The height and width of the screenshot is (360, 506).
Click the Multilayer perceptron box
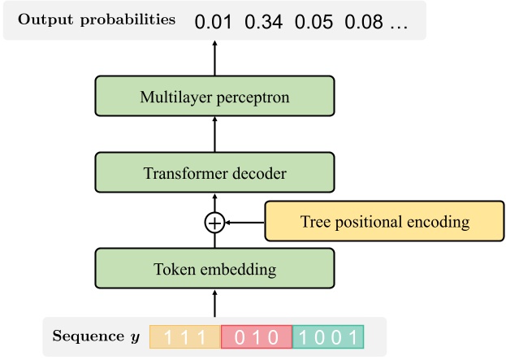[214, 96]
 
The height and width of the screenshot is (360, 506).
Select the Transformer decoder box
[214, 172]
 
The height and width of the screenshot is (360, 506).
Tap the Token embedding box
[214, 268]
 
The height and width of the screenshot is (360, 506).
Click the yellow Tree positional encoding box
[384, 221]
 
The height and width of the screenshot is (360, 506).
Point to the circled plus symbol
[214, 223]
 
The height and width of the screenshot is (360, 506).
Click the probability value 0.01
[214, 22]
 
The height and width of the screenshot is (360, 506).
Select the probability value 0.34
[264, 22]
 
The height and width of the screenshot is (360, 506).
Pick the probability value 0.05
[314, 22]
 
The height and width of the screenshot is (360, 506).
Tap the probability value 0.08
[364, 22]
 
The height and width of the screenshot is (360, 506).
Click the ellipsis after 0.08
[399, 28]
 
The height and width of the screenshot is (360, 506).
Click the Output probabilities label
[97, 20]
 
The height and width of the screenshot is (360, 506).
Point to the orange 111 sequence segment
[185, 336]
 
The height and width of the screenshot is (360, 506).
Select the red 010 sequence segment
[257, 336]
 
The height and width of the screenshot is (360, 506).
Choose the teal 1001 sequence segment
[328, 336]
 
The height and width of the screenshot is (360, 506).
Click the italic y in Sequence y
[136, 337]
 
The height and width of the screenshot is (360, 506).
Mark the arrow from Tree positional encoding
[244, 223]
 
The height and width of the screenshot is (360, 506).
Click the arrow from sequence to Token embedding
[214, 303]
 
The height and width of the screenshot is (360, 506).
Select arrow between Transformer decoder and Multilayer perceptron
[214, 134]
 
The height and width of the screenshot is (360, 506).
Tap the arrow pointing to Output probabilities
[214, 59]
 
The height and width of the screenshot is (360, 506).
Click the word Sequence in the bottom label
[88, 336]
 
